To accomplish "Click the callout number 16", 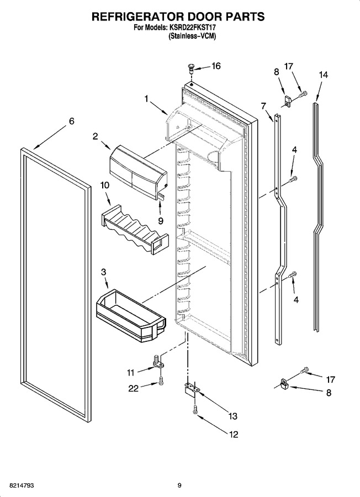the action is (x=216, y=66).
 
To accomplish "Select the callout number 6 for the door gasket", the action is (x=72, y=121).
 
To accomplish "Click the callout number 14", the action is (x=324, y=75).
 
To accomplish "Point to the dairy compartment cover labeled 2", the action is (x=138, y=173).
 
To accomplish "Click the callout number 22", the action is (x=134, y=388).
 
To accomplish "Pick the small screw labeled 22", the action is (x=161, y=380).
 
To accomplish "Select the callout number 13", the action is (x=233, y=416).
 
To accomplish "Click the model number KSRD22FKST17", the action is (x=192, y=28).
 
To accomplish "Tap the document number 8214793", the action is (x=22, y=485).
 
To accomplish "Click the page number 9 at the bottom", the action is (x=179, y=485).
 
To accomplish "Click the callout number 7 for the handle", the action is (x=263, y=106).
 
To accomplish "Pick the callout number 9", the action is (x=161, y=220).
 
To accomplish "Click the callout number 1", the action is (x=146, y=99).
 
